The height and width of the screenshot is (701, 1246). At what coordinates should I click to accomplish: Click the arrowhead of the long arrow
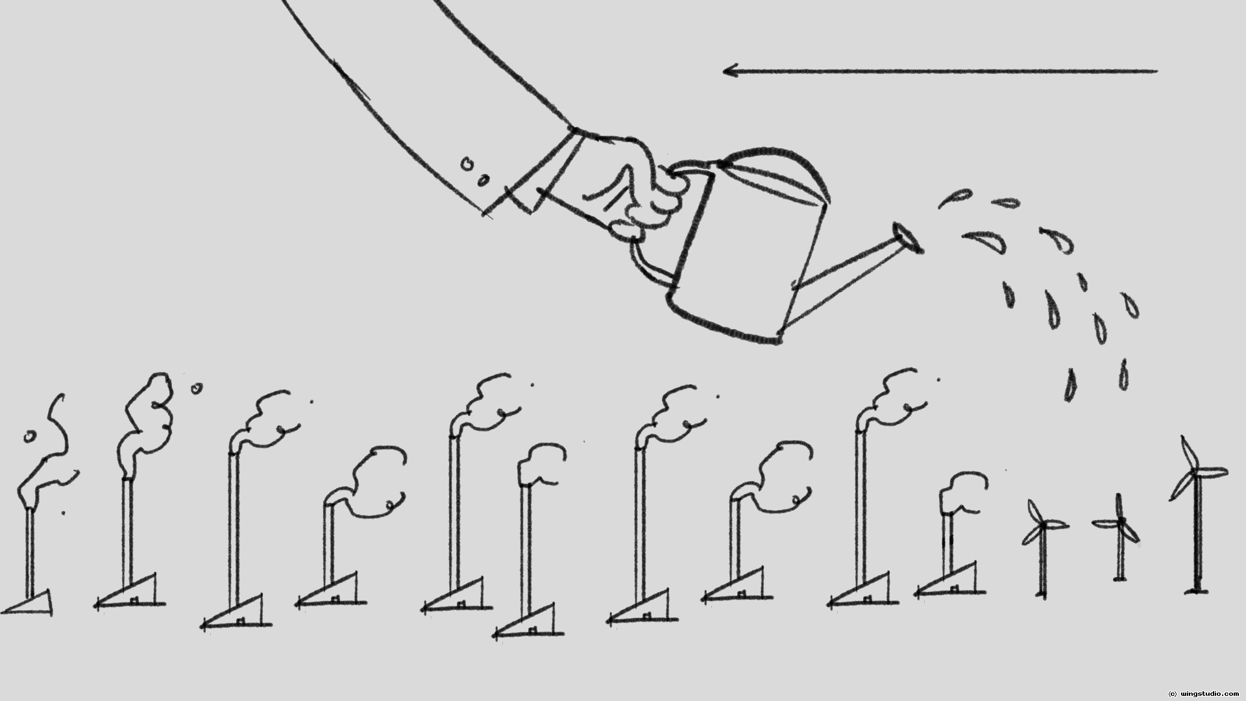(729, 70)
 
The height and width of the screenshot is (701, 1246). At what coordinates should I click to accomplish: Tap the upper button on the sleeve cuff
(466, 164)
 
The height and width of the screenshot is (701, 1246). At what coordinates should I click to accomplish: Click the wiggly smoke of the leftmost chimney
(49, 454)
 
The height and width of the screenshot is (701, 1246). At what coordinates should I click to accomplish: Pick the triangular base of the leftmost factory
(32, 604)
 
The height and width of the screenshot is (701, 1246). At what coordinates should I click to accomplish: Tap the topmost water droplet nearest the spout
(954, 198)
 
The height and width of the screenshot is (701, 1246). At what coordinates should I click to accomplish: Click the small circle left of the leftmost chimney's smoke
(29, 436)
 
